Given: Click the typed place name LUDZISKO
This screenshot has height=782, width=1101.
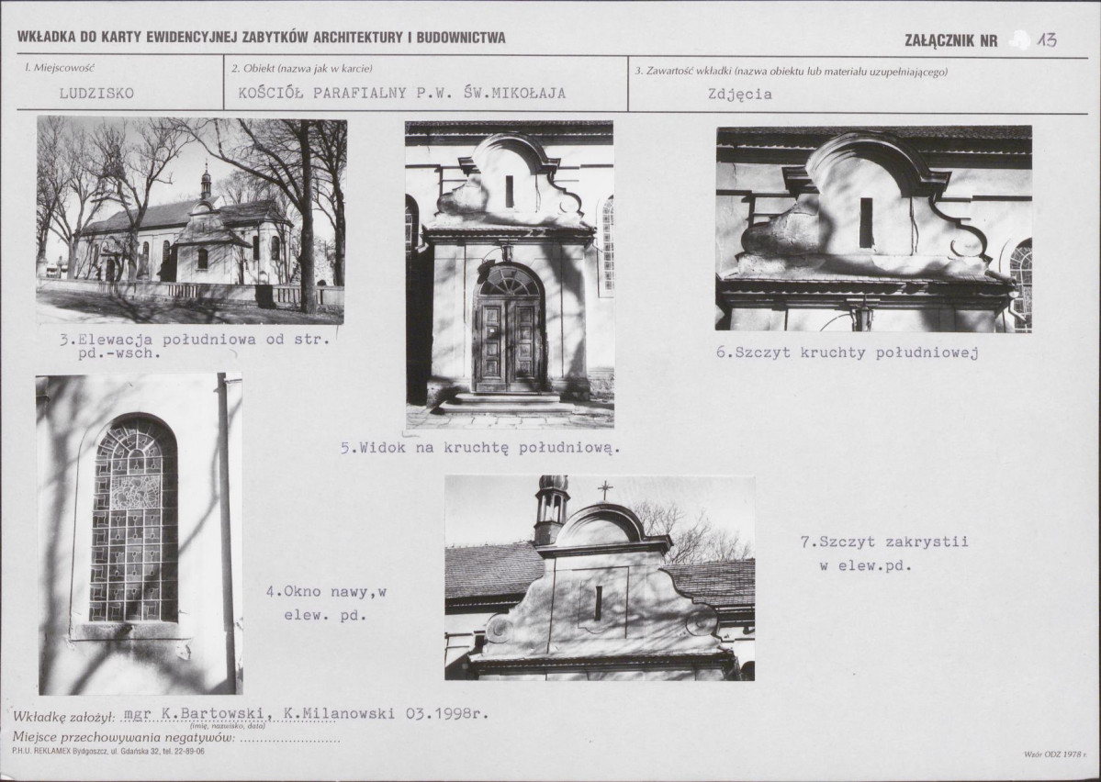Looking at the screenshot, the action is [96, 94].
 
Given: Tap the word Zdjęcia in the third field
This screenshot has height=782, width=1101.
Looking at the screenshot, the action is [739, 94].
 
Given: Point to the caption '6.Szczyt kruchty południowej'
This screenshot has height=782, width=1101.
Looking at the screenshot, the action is [847, 352].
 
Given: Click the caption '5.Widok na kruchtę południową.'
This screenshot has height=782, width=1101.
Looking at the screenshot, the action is [480, 448].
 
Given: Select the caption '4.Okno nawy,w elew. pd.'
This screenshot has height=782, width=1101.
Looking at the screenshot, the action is [327, 604].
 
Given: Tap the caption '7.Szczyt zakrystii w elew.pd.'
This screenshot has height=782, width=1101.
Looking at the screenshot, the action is [884, 553].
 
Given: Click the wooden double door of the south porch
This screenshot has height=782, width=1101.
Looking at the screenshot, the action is [509, 344].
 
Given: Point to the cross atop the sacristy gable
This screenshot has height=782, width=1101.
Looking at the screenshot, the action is [604, 490].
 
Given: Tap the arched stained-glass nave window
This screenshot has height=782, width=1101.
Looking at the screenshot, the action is [133, 519].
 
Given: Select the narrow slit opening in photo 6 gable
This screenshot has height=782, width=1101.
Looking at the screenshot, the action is [867, 222].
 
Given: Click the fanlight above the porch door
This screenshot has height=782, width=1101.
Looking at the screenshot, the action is [509, 282].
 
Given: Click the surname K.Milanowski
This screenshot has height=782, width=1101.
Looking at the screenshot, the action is [339, 714].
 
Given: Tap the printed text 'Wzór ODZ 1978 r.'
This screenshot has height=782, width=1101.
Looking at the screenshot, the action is [1055, 754].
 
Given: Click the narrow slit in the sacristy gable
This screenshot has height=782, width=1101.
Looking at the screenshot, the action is [598, 603].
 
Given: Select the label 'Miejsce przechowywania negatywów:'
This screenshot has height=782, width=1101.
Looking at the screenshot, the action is [124, 737].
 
